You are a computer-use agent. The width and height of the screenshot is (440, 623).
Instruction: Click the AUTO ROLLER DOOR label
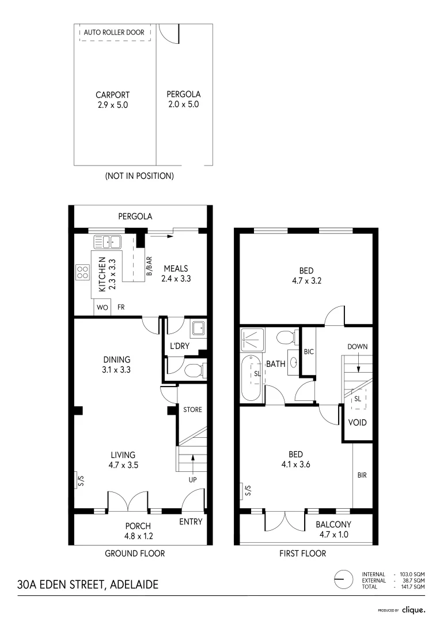point(114,33)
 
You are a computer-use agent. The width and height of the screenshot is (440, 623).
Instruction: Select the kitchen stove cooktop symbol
point(82,271)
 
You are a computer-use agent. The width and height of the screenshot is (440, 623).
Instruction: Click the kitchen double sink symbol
point(107,242)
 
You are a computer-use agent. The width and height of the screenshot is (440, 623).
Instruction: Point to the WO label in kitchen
point(102,307)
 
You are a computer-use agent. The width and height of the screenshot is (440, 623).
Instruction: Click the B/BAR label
point(148,267)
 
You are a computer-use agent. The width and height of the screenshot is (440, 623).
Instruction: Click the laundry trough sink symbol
point(198,329)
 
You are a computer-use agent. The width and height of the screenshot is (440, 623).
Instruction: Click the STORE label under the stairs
point(192,410)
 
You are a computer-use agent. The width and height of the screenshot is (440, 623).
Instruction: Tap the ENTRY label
point(191,521)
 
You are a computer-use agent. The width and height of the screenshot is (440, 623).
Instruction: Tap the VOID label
point(357,423)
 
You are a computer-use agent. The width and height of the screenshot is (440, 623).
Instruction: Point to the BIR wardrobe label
point(362,476)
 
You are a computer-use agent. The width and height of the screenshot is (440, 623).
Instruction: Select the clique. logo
point(413,609)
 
